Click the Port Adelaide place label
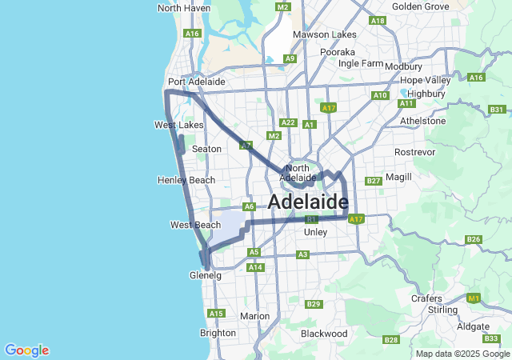pyautogui.click(x=196, y=82)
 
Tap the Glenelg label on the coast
pyautogui.click(x=205, y=275)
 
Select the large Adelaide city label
pyautogui.click(x=308, y=202)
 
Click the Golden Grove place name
pyautogui.click(x=420, y=6)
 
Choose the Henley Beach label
pyautogui.click(x=187, y=180)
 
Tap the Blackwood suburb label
pyautogui.click(x=324, y=333)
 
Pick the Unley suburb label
pyautogui.click(x=316, y=232)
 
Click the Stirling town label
pyautogui.click(x=443, y=310)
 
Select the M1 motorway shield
pyautogui.click(x=474, y=298)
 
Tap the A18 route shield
pyautogui.click(x=378, y=21)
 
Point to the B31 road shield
pyautogui.click(x=497, y=110)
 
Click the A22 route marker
pyautogui.click(x=289, y=123)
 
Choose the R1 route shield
pyautogui.click(x=312, y=218)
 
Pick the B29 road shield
pyautogui.click(x=314, y=304)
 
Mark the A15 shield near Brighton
pyautogui.click(x=216, y=314)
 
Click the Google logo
pyautogui.click(x=26, y=350)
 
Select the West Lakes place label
pyautogui.click(x=178, y=126)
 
